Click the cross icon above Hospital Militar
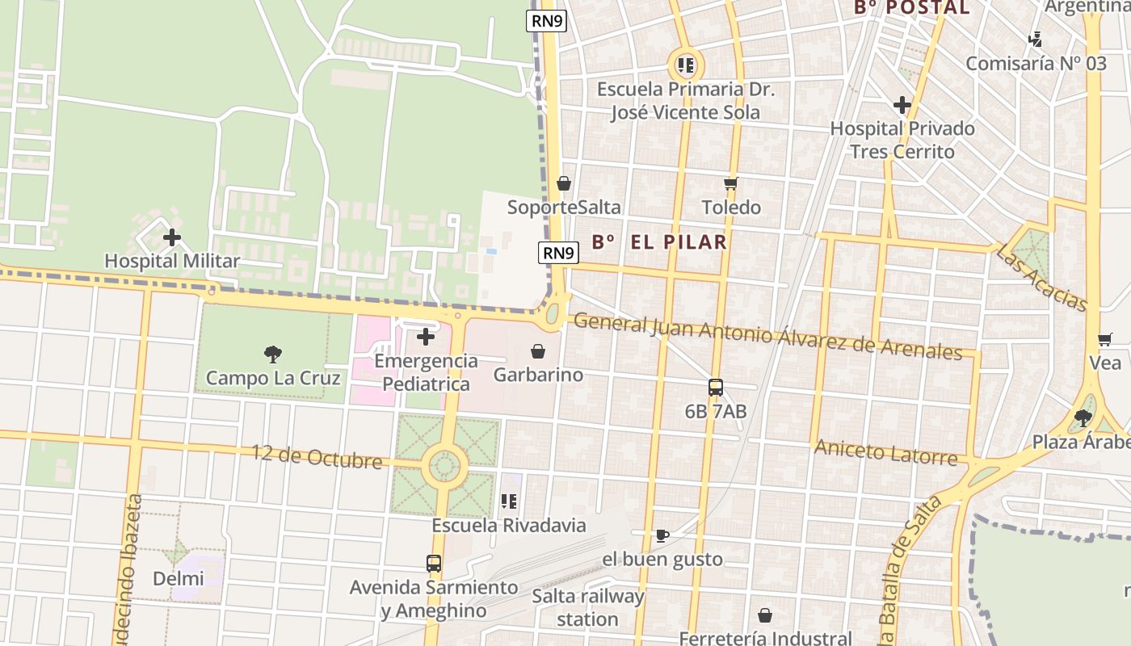click(171, 237)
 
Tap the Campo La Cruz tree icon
click(273, 354)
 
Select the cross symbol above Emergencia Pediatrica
click(426, 337)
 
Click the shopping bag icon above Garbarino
click(538, 351)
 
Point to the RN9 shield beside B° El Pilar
click(558, 253)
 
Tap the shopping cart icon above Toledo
click(731, 183)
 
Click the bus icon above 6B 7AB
click(716, 388)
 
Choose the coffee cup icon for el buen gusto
click(662, 535)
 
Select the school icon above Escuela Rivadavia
click(509, 501)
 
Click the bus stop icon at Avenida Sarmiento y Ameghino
click(434, 564)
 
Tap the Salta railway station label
click(588, 608)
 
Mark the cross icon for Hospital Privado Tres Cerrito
click(902, 105)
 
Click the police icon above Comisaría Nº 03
click(1036, 39)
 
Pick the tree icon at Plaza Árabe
click(1083, 418)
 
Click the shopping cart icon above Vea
click(1104, 340)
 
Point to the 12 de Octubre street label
click(317, 457)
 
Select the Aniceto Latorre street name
click(885, 453)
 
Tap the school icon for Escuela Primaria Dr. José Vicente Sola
click(686, 65)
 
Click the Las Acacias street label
click(1041, 277)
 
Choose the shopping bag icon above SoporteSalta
click(564, 184)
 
